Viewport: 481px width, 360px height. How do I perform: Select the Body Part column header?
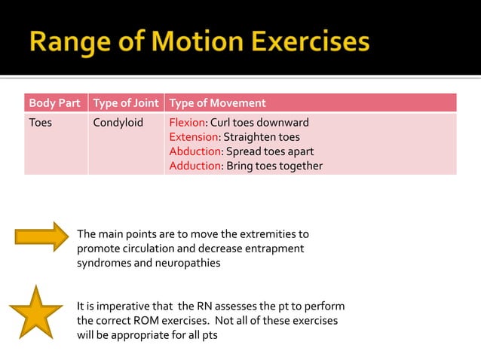(56, 103)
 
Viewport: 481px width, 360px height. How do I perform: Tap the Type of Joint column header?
(125, 103)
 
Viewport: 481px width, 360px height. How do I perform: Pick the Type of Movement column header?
(217, 103)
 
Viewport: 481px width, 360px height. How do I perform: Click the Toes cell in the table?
(40, 122)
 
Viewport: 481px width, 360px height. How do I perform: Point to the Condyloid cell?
(118, 122)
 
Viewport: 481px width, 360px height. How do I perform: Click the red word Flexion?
(186, 122)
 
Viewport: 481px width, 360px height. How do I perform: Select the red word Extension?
(193, 136)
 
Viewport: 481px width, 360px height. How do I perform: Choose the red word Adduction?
(195, 166)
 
